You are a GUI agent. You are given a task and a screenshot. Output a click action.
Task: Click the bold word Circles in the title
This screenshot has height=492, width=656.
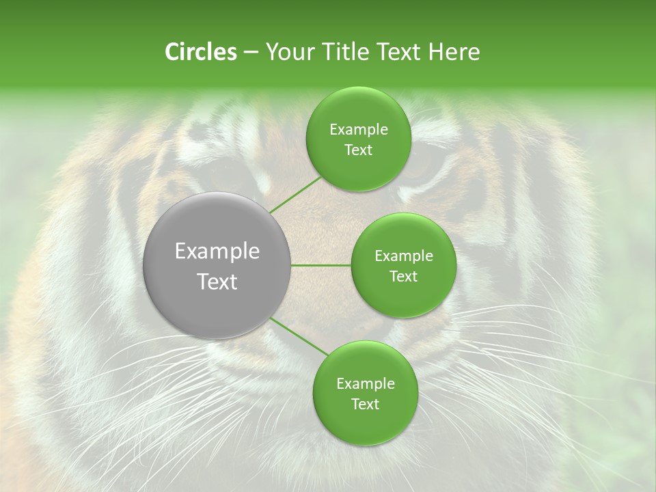(201, 52)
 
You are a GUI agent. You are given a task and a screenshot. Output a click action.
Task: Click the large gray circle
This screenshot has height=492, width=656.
(217, 266)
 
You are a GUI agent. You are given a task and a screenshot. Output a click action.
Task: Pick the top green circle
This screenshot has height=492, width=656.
(358, 139)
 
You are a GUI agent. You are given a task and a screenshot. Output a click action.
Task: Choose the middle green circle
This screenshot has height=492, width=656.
(403, 266)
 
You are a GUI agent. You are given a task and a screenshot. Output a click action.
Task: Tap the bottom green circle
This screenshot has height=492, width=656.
(365, 393)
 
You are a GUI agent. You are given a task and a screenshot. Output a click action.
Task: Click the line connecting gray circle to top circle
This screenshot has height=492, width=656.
(295, 194)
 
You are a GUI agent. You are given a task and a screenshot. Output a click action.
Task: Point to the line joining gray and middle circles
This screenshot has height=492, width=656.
(321, 266)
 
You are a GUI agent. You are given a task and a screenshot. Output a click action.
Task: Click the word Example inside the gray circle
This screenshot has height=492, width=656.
(217, 251)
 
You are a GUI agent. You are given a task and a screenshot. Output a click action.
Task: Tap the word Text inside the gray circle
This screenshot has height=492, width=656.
(217, 282)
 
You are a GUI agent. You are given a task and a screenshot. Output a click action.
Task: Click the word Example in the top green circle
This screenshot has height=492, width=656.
(358, 130)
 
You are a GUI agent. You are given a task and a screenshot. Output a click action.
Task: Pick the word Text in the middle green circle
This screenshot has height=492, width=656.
(403, 276)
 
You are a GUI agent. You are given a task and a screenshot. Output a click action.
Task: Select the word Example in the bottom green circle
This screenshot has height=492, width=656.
(365, 383)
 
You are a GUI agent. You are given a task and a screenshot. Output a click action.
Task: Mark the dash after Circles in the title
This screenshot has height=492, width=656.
(251, 53)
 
